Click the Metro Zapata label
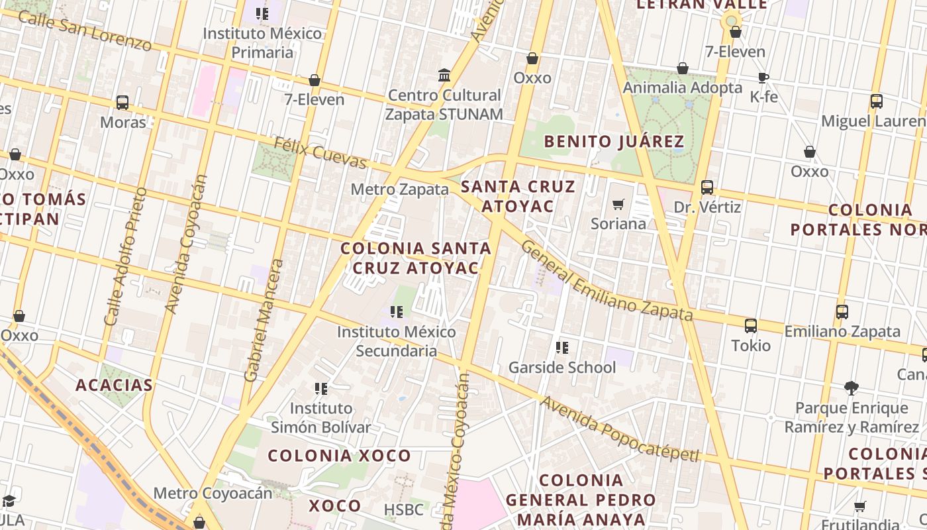coord(399,189)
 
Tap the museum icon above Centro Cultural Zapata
coord(444,75)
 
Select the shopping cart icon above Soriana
coord(618,205)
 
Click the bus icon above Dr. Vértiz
coord(707,187)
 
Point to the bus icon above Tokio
coord(750,325)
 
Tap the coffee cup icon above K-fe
coord(763,78)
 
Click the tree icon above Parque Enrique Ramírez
coord(852,388)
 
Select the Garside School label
coord(561,367)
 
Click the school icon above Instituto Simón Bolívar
coord(321,388)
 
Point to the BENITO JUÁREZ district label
coord(614,141)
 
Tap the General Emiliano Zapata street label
coord(606,280)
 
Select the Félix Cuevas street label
coord(320,152)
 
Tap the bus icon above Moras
coord(122,103)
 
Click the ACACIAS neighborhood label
coord(114,385)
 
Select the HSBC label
coord(403,510)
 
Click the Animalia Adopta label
coord(682,87)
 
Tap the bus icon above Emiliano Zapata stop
coord(842,311)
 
